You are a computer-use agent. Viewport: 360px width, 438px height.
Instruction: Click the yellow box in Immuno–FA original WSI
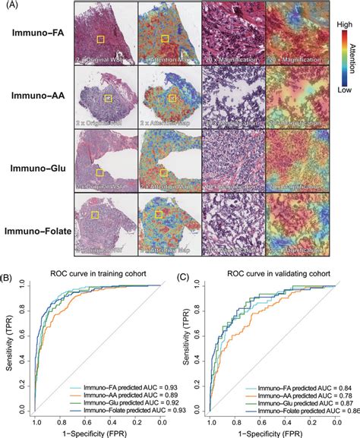(x=99, y=39)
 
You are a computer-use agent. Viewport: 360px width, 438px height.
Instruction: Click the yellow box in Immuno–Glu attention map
(x=164, y=173)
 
